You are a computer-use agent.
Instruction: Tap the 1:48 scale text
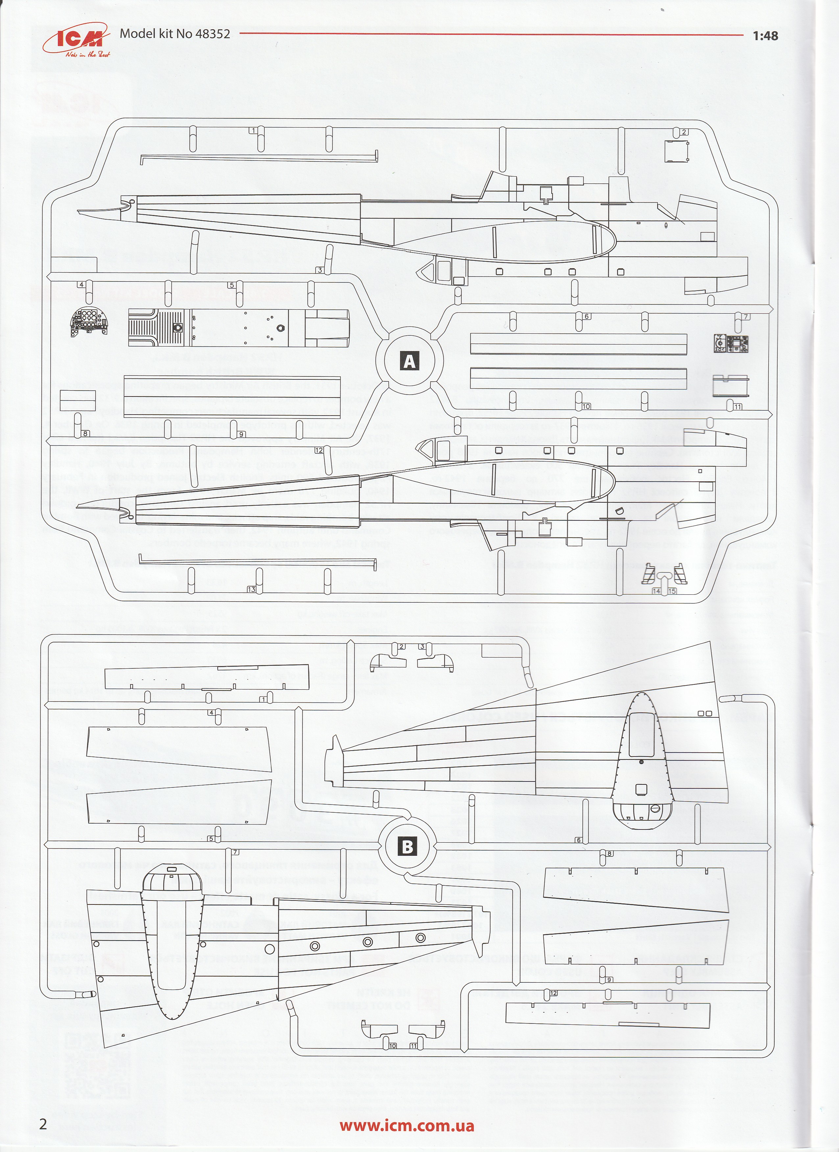(765, 36)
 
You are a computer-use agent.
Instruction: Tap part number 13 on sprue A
(252, 589)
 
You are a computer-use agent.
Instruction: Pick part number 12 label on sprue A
(319, 450)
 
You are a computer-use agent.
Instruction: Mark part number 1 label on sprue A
(252, 131)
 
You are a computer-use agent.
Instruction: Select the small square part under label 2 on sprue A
(677, 151)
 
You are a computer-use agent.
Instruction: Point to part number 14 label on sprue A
(657, 591)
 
